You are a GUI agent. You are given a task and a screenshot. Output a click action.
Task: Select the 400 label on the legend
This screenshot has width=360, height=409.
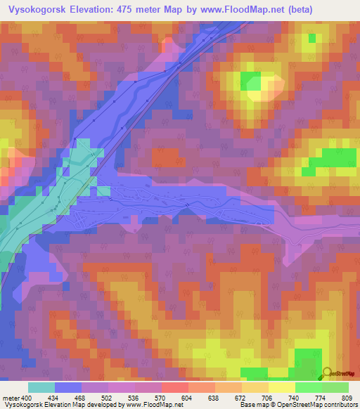click(x=27, y=398)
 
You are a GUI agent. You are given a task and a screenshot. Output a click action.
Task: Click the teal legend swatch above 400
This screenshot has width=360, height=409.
click(x=41, y=387)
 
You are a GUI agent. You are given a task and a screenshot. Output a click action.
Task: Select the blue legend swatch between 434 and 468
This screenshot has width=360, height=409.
click(x=68, y=387)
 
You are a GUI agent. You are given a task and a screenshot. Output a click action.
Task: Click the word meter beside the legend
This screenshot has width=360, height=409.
click(x=10, y=398)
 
